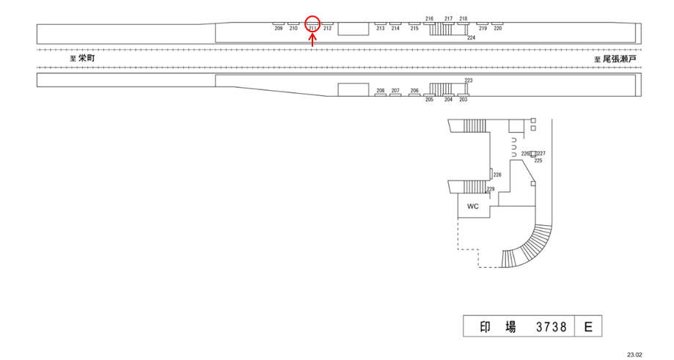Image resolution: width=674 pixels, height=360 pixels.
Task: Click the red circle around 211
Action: click(312, 25)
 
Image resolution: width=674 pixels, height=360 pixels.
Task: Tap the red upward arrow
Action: click(313, 41)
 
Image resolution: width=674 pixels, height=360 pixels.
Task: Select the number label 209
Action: click(279, 29)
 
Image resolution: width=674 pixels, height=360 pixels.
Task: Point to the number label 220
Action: click(498, 29)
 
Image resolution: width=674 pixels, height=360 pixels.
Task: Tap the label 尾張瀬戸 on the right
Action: click(620, 58)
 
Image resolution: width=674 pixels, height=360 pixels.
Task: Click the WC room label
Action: click(473, 206)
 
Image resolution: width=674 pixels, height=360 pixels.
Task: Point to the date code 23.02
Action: click(634, 354)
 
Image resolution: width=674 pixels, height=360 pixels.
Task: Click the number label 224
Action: click(471, 37)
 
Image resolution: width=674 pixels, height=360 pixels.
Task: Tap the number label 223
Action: click(469, 80)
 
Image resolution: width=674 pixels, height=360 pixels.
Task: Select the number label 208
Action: click(380, 91)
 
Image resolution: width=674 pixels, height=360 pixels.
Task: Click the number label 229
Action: click(491, 189)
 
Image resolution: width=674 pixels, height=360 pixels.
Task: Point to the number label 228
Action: click(497, 175)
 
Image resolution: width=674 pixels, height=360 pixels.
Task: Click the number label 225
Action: click(538, 160)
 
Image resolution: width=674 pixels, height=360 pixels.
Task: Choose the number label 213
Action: click(380, 29)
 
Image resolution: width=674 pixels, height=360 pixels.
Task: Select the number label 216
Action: click(429, 18)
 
